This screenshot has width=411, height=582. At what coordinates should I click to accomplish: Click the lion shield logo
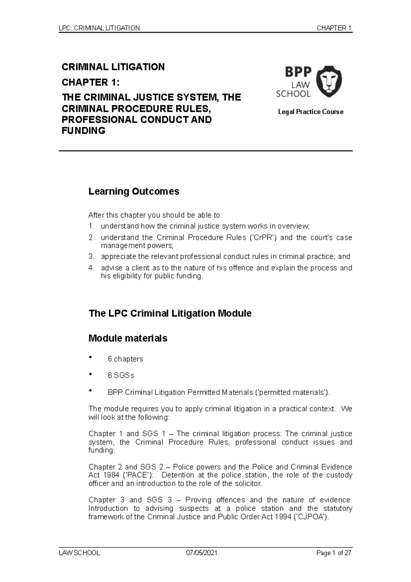(329, 82)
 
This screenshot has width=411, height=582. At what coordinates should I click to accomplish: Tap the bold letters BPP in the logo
(298, 72)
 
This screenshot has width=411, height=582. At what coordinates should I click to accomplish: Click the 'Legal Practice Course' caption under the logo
(311, 112)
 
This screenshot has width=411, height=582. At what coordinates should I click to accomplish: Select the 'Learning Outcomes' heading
(134, 191)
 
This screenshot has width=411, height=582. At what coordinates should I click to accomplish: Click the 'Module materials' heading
(128, 338)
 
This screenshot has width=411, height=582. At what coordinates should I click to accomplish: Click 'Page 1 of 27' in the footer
(334, 553)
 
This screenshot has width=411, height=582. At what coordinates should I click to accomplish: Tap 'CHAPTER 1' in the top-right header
(334, 28)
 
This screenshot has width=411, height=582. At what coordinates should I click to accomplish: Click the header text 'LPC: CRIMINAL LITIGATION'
(99, 28)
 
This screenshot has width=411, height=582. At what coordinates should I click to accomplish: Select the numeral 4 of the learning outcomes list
(91, 268)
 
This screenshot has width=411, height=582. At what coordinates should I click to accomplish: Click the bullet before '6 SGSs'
(90, 374)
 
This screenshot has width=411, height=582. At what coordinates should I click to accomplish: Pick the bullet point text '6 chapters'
(125, 359)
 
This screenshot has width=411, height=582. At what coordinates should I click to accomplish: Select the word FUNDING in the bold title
(83, 131)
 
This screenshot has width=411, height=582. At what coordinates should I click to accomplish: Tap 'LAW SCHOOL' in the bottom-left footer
(79, 553)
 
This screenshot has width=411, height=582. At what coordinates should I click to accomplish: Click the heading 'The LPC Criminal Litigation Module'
(170, 313)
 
